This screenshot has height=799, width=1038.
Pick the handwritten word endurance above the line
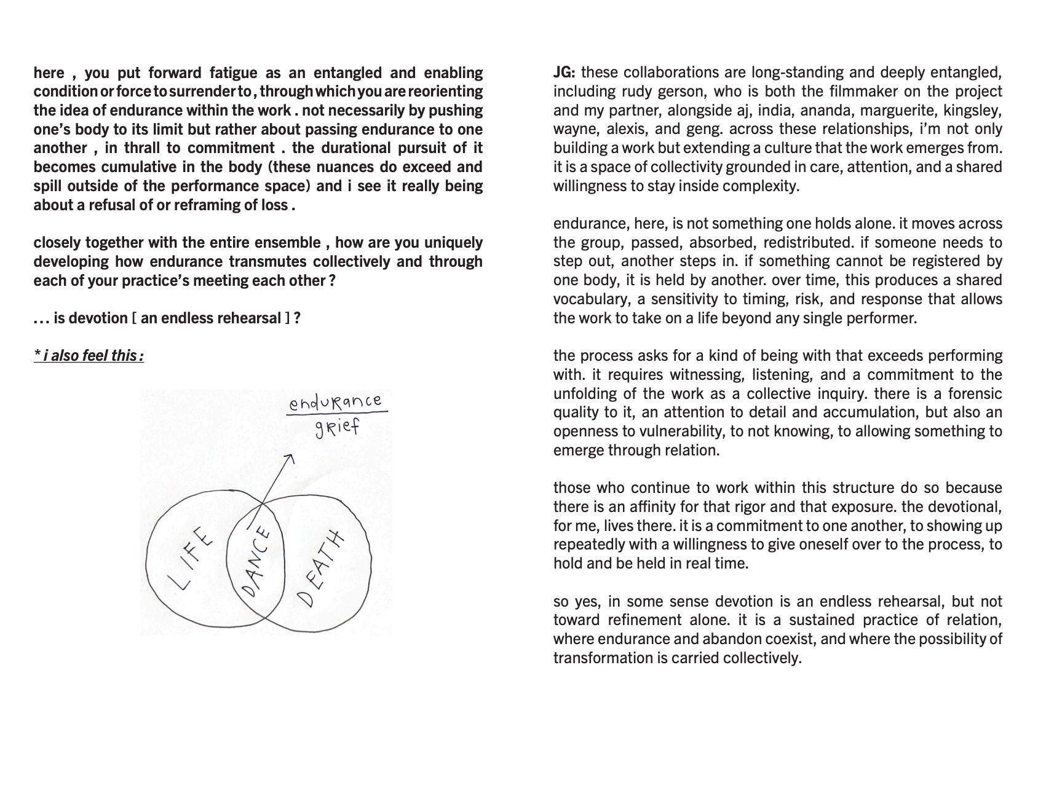[336, 403]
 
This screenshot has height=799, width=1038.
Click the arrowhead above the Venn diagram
[290, 459]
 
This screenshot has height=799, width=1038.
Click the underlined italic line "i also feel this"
[89, 356]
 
